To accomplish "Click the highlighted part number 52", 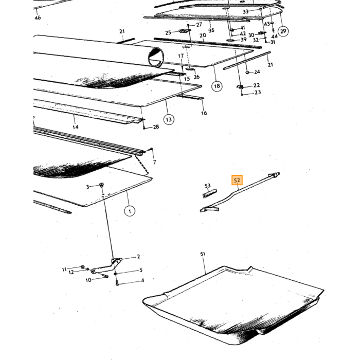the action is coord(237,180).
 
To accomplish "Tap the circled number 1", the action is coord(130,211).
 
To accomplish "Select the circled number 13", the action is coord(169,119).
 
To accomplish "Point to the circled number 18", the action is coord(217,86).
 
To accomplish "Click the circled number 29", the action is coord(283,31).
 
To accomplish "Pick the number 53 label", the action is coord(207,186).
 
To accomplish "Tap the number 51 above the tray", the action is coord(203,254).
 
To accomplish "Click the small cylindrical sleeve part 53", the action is coord(210,193).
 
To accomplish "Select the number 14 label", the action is coord(75,127).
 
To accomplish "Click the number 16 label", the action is coord(204,113).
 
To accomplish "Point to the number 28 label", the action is coord(156,127).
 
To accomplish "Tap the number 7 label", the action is coord(154,162).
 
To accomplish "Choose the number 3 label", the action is coord(87,187).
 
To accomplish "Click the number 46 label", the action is coord(38,17).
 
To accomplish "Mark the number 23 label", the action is coord(258,92).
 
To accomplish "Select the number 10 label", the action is coord(88,280).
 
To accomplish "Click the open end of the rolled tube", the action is coord(156,57).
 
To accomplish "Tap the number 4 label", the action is coord(142,280).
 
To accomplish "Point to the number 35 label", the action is coord(211,30).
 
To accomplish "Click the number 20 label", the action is coord(203,35).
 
